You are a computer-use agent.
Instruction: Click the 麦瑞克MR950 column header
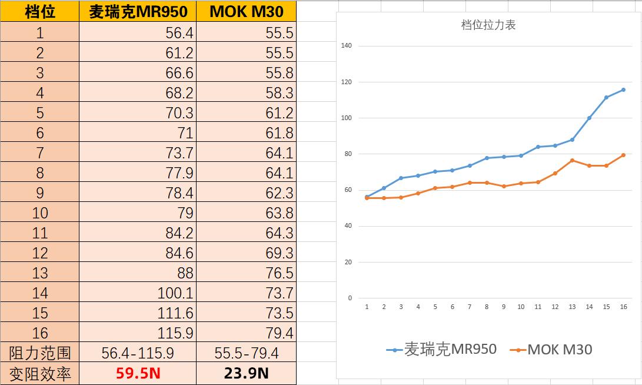[138, 11]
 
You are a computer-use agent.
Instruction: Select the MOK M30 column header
[246, 11]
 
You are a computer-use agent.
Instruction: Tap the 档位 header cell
[40, 11]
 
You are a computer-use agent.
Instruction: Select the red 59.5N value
[138, 373]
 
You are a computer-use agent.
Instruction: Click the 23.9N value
[246, 373]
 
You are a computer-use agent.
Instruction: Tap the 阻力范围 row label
[40, 353]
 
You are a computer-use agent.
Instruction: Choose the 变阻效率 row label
[40, 373]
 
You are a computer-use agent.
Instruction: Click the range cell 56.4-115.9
[138, 353]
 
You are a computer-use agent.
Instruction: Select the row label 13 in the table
[40, 273]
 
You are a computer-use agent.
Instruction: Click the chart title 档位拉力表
[488, 25]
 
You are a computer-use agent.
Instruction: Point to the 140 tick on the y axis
[346, 45]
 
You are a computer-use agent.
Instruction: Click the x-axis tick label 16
[623, 307]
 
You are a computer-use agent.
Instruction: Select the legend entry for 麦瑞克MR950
[442, 350]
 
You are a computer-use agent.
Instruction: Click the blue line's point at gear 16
[623, 89]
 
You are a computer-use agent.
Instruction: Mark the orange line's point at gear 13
[572, 160]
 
